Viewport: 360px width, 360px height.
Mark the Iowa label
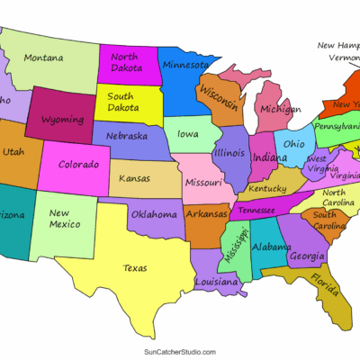pos(188,135)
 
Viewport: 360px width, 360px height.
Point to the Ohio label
pos(294,144)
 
